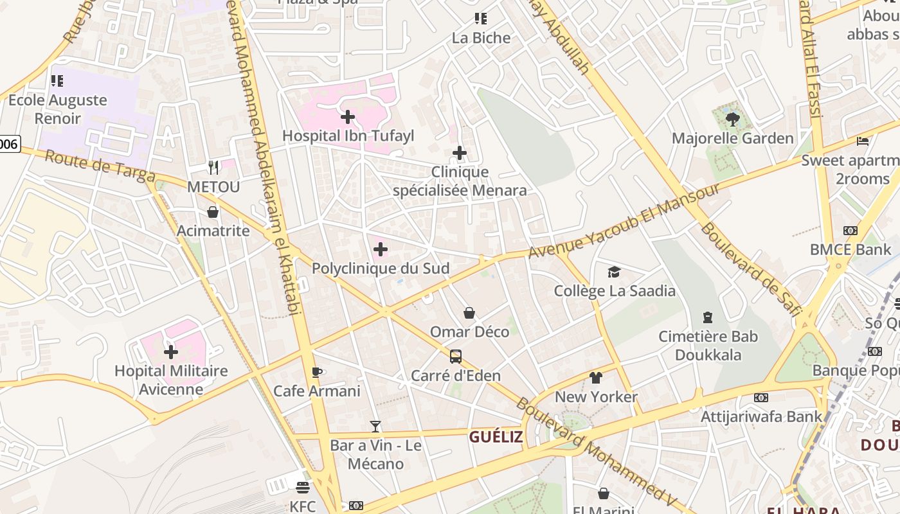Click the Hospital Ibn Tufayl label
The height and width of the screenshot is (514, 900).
coord(348,136)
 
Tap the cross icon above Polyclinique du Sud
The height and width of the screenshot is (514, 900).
coord(381,249)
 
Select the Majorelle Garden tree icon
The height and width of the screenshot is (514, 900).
coord(732,119)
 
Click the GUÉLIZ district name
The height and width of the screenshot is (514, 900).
coord(496,438)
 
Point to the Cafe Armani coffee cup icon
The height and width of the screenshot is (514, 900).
coord(316,372)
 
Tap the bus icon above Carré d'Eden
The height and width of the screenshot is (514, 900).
coord(455,357)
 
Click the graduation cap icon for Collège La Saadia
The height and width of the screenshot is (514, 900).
coord(615,272)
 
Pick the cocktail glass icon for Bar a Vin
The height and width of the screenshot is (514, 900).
coord(375,426)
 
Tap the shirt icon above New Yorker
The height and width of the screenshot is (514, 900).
coord(596,378)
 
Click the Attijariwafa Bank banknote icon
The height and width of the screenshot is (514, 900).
coord(761,398)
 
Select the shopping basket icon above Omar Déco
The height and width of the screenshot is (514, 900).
coord(469,313)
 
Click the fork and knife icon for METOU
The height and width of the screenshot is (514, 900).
coord(213,168)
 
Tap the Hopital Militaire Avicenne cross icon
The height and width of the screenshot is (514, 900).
coord(171,351)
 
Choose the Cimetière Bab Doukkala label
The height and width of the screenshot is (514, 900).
coord(708,346)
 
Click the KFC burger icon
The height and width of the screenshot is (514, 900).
coord(303,487)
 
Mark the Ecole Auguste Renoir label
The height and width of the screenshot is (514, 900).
coord(58,109)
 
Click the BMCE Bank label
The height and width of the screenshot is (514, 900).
coord(850,249)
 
